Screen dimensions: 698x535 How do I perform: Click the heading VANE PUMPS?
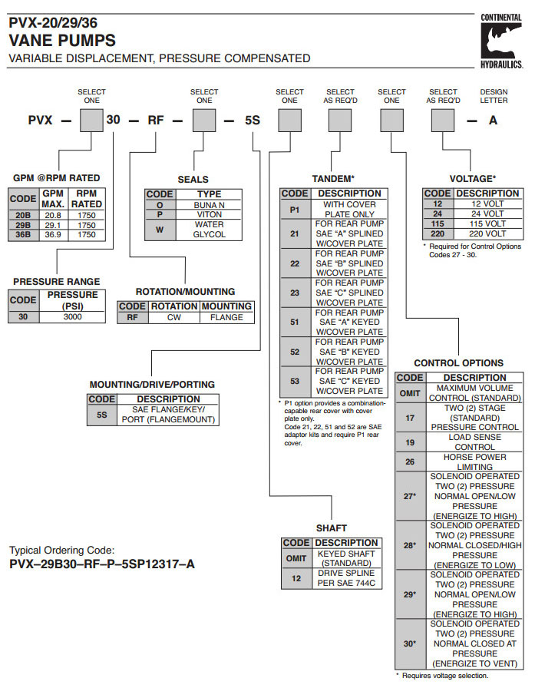[62, 41]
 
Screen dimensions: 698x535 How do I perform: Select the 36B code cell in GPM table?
[23, 234]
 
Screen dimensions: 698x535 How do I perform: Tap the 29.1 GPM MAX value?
[52, 225]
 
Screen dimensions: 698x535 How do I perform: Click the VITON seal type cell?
[209, 215]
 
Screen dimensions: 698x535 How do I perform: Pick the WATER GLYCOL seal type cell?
[209, 230]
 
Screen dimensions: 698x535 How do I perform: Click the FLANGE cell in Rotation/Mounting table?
[226, 316]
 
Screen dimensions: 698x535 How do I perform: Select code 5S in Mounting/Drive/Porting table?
[101, 415]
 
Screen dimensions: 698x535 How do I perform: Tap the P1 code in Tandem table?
[295, 209]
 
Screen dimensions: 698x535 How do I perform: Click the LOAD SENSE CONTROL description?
[475, 442]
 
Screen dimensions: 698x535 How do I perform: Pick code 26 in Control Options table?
[410, 461]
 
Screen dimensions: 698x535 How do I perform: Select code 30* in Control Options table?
[410, 643]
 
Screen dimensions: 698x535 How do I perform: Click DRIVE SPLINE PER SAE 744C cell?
[346, 578]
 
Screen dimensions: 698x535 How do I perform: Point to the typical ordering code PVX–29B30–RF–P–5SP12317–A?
[102, 564]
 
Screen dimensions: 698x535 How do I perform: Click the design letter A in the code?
[494, 120]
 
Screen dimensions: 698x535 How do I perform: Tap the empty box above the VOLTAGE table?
[444, 121]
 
